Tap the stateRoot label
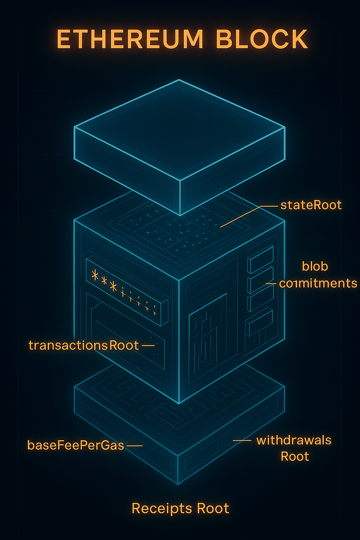click(311, 205)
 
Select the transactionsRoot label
click(84, 345)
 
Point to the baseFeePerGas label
click(76, 445)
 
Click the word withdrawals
click(294, 440)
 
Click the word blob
click(315, 266)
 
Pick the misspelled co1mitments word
click(318, 283)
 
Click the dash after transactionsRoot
click(148, 346)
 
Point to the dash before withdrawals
click(242, 441)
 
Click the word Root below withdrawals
click(295, 456)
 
